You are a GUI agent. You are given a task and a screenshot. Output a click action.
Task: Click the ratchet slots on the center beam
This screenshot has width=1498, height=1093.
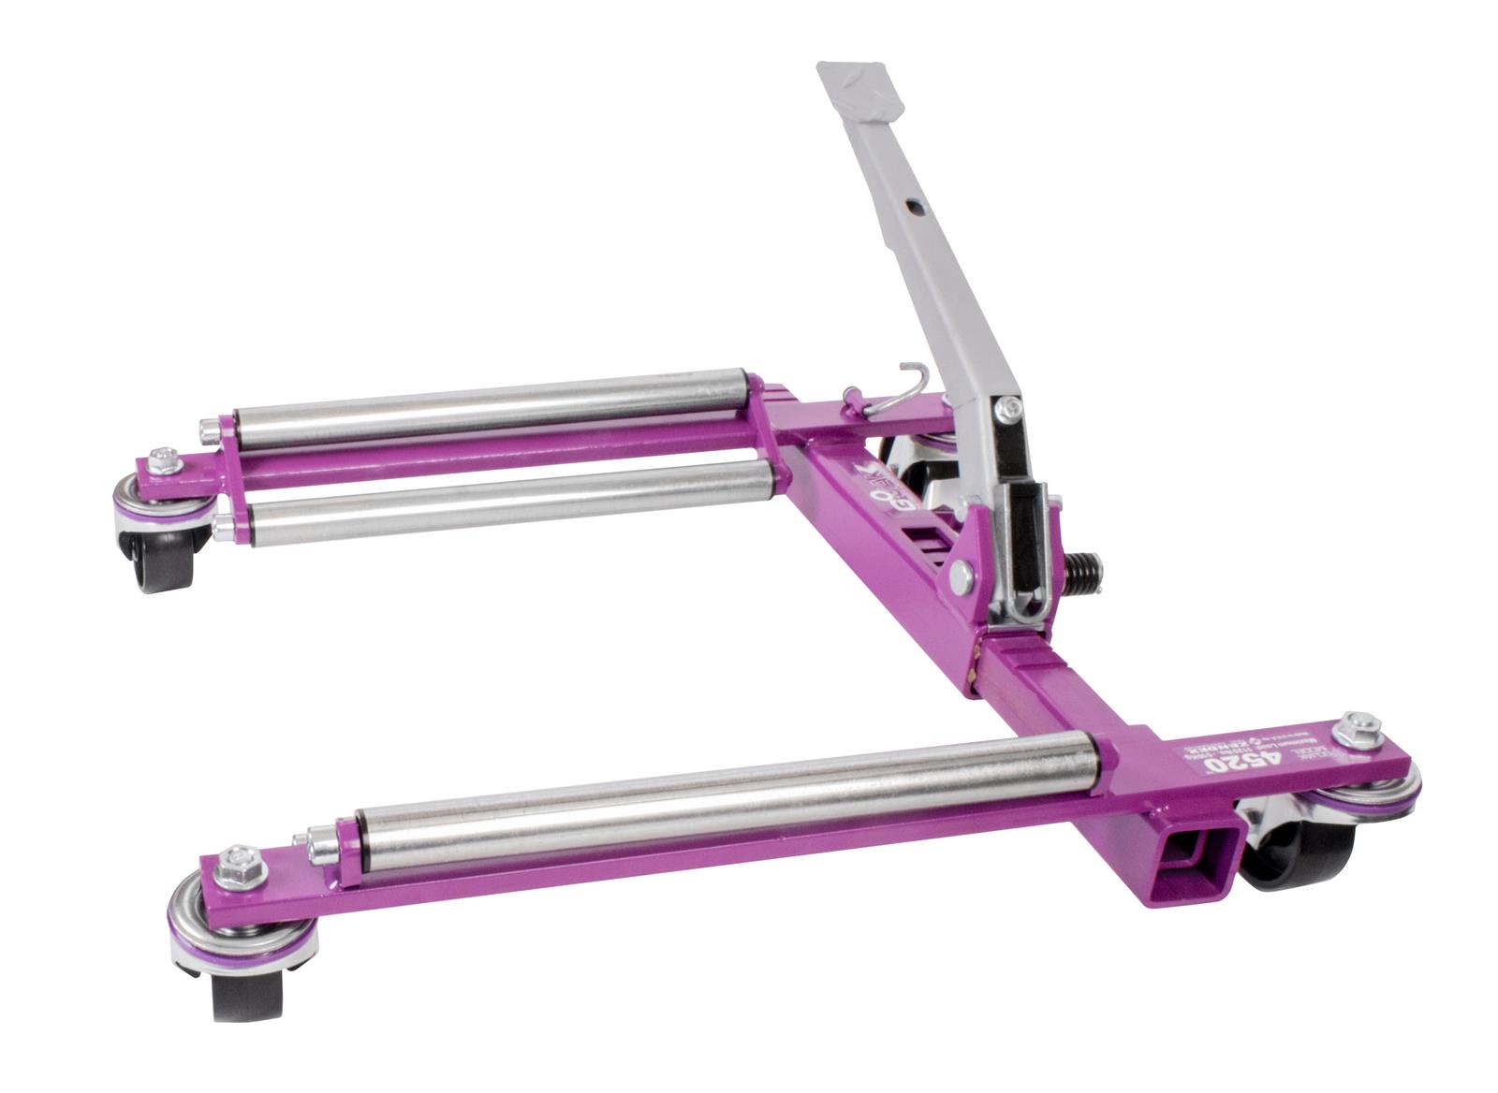(927, 543)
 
